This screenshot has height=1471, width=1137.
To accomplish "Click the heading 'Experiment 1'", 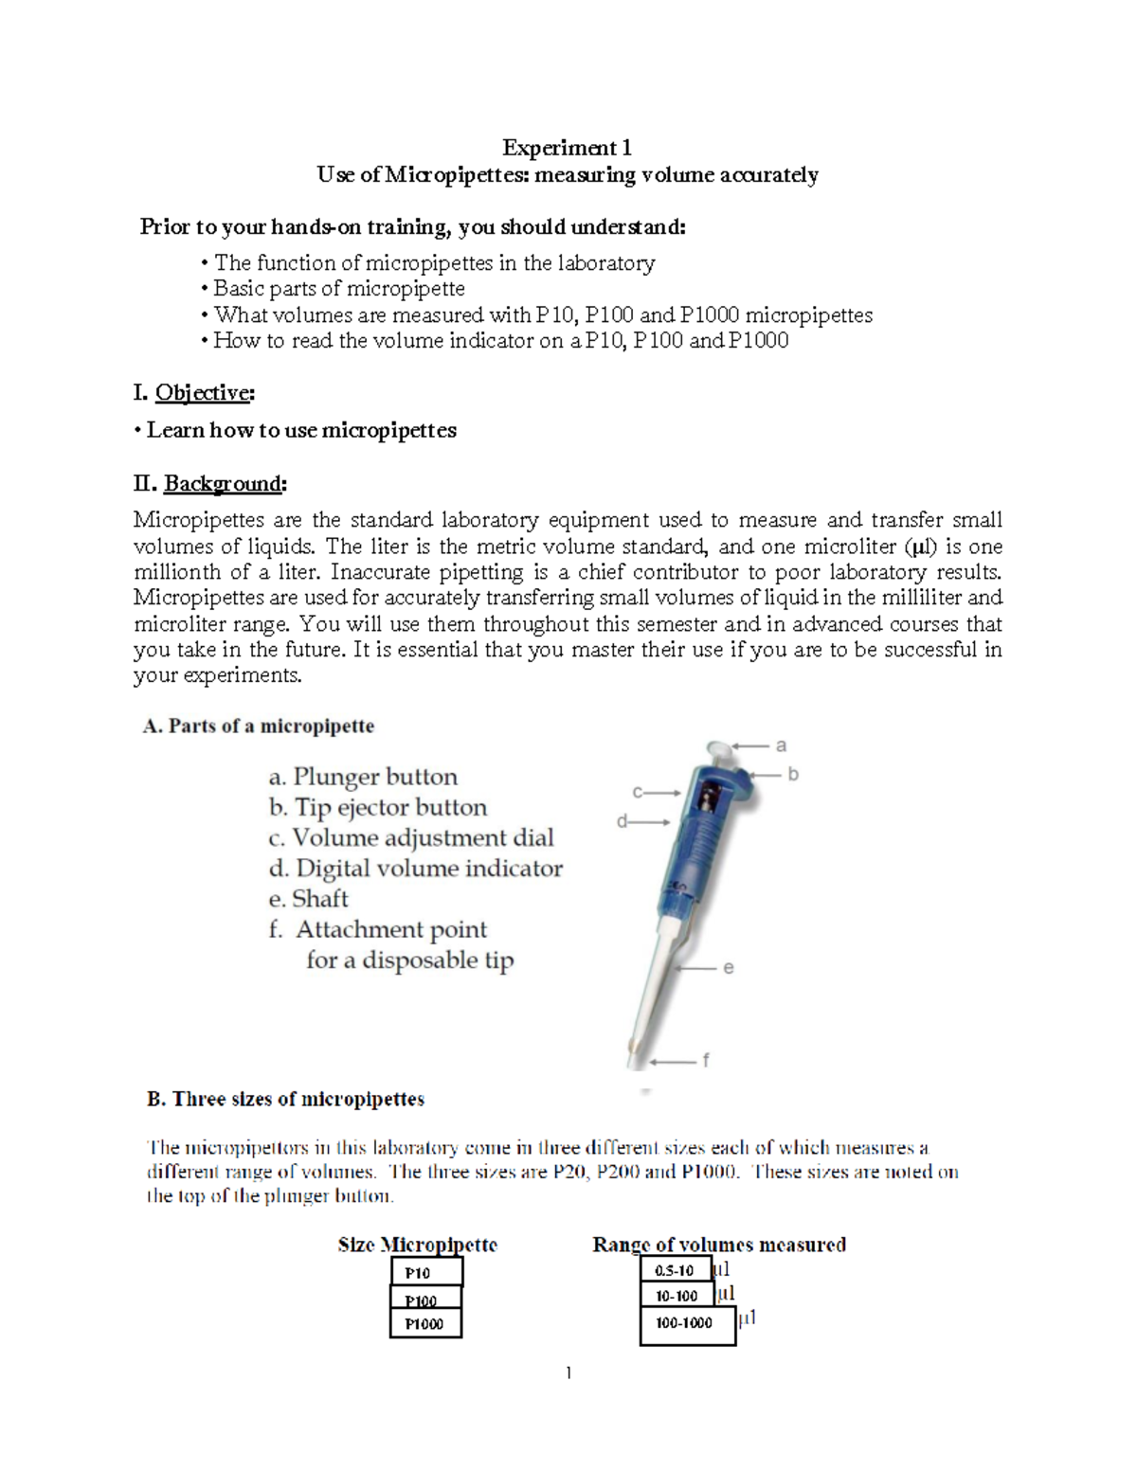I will point(567,148).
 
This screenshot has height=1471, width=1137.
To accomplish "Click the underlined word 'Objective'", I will point(203,392).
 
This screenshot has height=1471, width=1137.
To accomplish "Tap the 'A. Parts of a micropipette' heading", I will point(258,727).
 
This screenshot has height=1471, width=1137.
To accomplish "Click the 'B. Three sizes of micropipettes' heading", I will point(285,1099).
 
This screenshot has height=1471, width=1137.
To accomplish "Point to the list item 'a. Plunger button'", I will point(363,777).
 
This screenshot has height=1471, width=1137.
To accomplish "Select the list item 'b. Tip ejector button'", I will point(377,807).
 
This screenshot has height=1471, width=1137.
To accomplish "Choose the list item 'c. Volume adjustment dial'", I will point(410,837).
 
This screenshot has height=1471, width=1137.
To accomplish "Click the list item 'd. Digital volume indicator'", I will point(415,869).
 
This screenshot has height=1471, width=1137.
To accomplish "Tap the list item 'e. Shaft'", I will point(308,899).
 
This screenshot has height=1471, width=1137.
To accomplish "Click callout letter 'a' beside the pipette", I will point(781,745).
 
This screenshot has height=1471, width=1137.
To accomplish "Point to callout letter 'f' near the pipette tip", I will point(705,1060).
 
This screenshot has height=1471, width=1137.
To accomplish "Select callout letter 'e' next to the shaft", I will point(728,968).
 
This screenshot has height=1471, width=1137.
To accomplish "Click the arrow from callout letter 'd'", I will point(650,822).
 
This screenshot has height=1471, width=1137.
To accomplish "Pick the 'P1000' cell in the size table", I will point(425,1323).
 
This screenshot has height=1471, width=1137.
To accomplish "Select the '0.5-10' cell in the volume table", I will point(675,1270).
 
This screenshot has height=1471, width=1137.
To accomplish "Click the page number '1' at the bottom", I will point(568,1372).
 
